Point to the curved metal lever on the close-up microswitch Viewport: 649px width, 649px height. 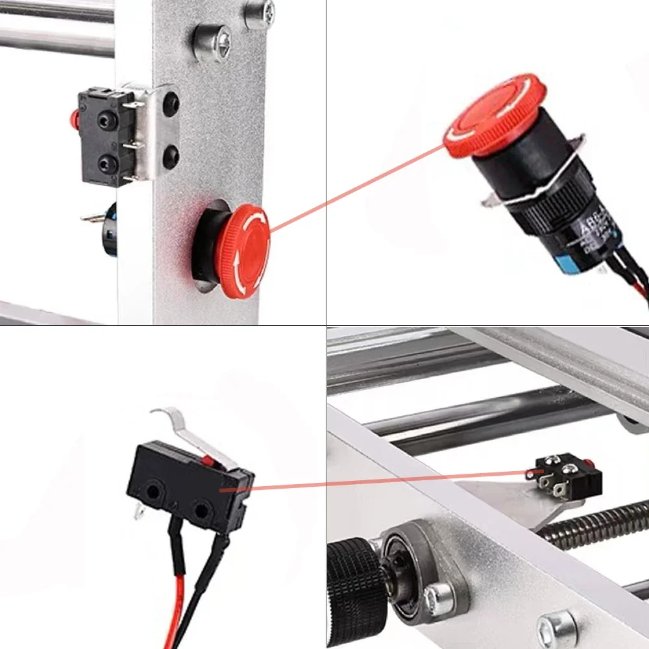pos(188,432)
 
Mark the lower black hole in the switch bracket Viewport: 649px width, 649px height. pos(171,156)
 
